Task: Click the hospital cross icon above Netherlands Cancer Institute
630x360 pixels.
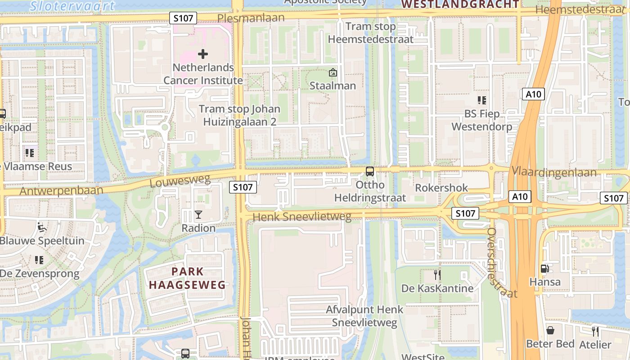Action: point(203,54)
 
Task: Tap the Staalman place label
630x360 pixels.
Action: point(333,85)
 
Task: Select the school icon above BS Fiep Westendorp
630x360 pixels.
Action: point(482,100)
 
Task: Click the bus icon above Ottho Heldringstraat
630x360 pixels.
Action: point(370,171)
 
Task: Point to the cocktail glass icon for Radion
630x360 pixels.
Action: point(198,215)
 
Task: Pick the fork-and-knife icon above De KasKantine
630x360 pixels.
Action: point(436,274)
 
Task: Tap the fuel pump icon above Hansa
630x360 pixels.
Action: point(544,269)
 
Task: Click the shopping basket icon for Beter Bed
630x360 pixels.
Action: point(550,330)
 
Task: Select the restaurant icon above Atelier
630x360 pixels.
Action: point(595,332)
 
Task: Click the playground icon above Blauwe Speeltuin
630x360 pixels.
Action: point(42,227)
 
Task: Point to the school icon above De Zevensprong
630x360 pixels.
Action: point(39,260)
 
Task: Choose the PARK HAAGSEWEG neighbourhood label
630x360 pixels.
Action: point(187,278)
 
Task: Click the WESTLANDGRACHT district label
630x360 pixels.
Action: point(460,4)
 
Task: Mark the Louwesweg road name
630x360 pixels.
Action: point(180,181)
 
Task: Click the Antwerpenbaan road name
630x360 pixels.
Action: point(61,190)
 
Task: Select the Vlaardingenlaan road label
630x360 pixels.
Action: point(560,172)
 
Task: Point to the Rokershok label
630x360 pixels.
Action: point(441,188)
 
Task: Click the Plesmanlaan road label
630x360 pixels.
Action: point(251,18)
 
